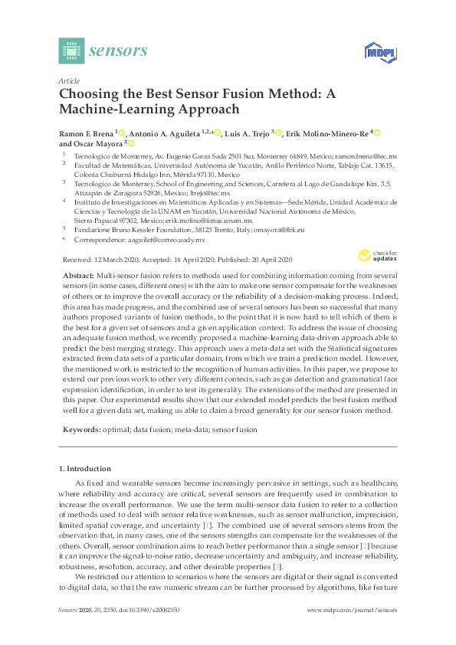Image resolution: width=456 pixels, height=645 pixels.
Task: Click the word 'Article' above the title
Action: point(70,80)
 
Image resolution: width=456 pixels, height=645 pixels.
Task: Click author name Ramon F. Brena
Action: point(85,133)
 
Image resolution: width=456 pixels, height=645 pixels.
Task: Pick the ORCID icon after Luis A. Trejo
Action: point(278,133)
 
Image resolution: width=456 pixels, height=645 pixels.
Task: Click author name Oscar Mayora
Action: point(98,143)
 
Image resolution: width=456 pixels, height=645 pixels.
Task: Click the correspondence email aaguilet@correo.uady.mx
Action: point(169,239)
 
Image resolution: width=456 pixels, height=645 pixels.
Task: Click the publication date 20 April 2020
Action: point(272,260)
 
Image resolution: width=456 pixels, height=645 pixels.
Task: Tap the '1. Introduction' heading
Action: point(85,467)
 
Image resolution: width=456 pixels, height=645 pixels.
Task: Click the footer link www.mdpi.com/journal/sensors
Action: point(351,610)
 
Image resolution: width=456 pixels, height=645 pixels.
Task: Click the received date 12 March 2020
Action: point(114,260)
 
